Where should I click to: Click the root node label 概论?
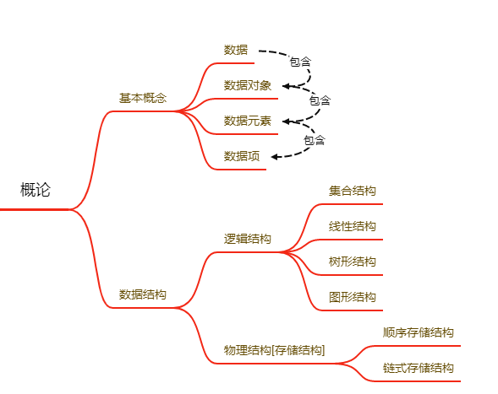(x=36, y=190)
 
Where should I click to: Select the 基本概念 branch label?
(x=143, y=98)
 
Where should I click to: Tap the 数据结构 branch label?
(x=143, y=294)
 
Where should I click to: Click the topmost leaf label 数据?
(x=236, y=50)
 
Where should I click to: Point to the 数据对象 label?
(x=248, y=85)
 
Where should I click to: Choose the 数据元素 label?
(x=248, y=121)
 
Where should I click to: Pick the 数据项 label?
(x=242, y=156)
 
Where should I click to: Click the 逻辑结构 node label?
(x=248, y=239)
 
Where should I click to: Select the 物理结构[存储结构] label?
(x=275, y=350)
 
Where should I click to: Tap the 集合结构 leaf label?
(x=353, y=191)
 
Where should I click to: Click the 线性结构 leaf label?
(x=353, y=226)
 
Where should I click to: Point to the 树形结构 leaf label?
(x=353, y=262)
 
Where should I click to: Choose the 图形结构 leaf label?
(x=353, y=297)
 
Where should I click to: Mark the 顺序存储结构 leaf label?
(x=418, y=332)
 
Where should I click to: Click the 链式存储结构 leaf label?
(x=418, y=368)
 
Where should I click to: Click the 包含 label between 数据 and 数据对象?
(x=300, y=62)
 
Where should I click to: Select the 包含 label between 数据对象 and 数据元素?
(x=320, y=100)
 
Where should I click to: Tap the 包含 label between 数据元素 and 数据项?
(x=315, y=140)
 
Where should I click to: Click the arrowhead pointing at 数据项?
(x=275, y=157)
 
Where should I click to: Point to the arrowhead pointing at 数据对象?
(x=286, y=86)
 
